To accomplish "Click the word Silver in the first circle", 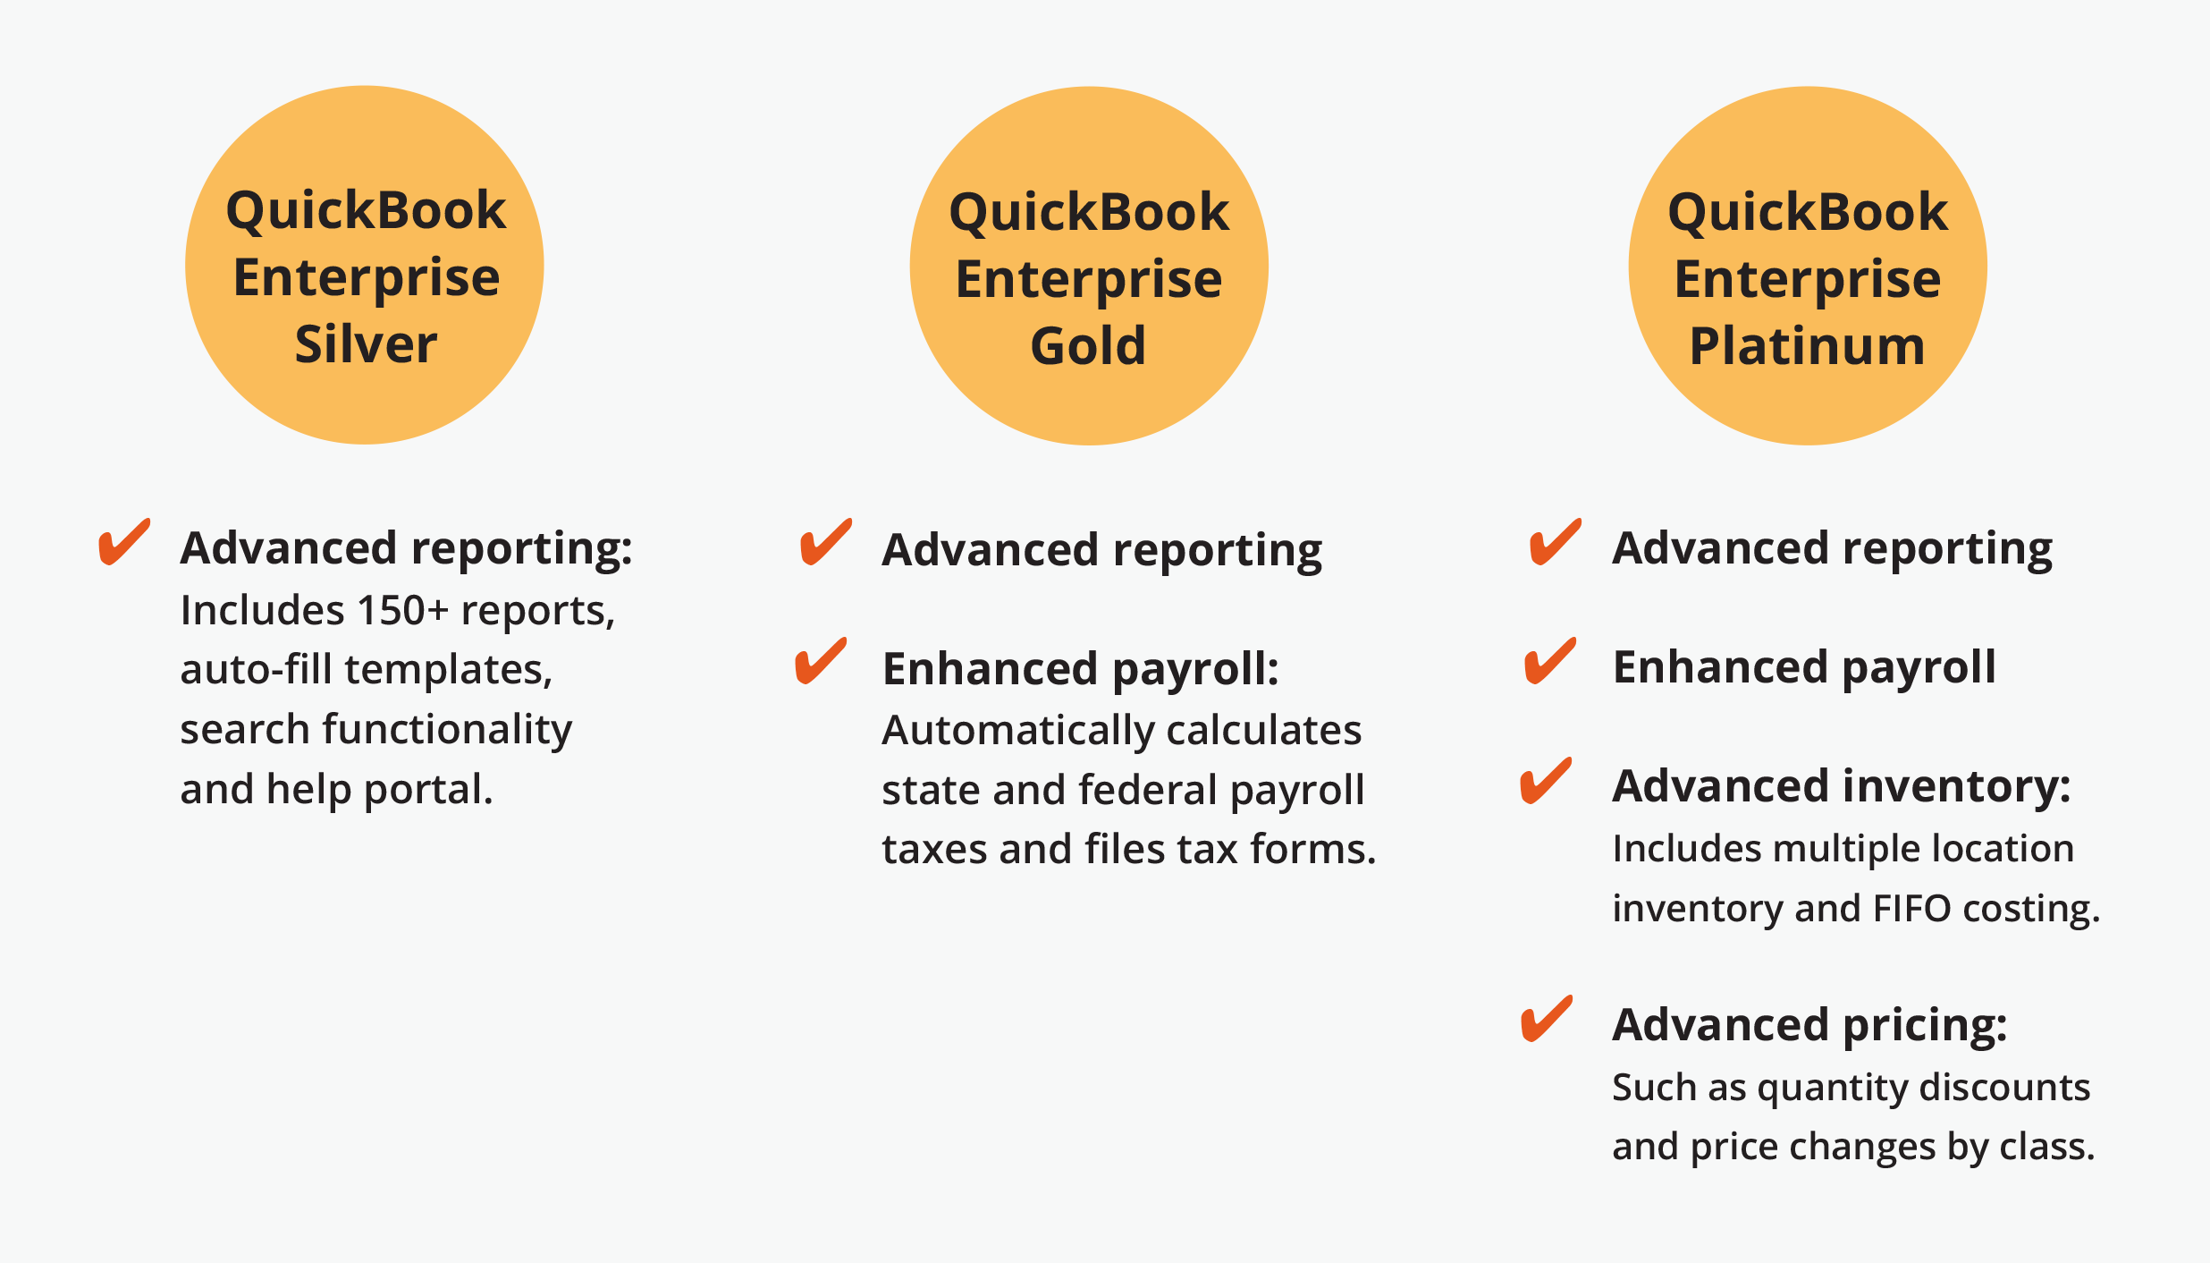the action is pyautogui.click(x=366, y=344).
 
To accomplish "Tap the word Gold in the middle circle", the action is pyautogui.click(x=1088, y=346).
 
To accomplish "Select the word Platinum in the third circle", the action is pyautogui.click(x=1807, y=346).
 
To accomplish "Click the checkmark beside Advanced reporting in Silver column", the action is pyautogui.click(x=124, y=542).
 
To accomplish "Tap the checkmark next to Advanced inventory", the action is pyautogui.click(x=1547, y=781).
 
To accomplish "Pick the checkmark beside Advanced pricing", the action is pyautogui.click(x=1547, y=1019).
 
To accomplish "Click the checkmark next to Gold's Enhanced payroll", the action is pyautogui.click(x=821, y=661).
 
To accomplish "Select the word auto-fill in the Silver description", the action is pyautogui.click(x=257, y=669).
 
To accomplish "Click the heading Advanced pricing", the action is pyautogui.click(x=1809, y=1025).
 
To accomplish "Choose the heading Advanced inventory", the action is pyautogui.click(x=1842, y=787).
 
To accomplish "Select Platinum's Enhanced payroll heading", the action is pyautogui.click(x=1804, y=668).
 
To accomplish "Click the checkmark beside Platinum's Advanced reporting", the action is pyautogui.click(x=1556, y=542).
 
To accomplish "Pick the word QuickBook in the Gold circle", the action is pyautogui.click(x=1089, y=213).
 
